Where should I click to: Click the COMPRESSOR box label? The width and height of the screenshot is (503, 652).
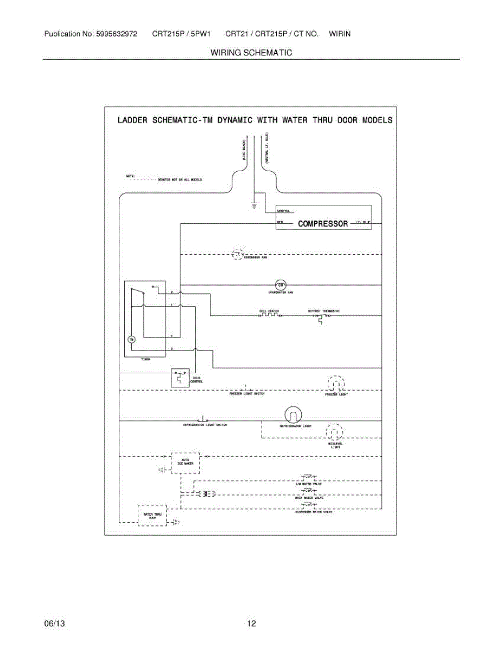tap(323, 223)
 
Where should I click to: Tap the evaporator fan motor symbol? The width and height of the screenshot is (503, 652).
tap(280, 284)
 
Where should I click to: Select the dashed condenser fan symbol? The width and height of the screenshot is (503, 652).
tap(238, 254)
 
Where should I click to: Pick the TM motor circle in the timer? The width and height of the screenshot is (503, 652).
tap(130, 340)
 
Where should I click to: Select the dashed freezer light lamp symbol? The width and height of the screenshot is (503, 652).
tap(335, 384)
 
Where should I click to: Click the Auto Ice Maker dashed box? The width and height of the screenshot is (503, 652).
tap(185, 462)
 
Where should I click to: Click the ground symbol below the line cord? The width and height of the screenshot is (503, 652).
tap(253, 205)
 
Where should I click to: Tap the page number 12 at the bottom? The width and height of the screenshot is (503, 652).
tap(251, 624)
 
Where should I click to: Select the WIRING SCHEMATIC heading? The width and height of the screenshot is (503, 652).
tap(251, 53)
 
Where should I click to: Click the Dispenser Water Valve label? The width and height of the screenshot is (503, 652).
tap(314, 512)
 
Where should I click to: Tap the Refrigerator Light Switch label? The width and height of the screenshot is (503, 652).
tap(205, 425)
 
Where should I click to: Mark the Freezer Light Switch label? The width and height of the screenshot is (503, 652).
tap(246, 394)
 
